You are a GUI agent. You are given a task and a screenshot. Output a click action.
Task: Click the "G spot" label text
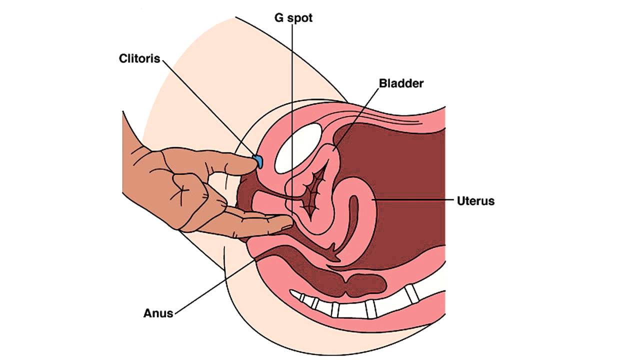pos(294,18)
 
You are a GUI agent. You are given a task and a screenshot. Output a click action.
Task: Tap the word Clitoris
pos(139,58)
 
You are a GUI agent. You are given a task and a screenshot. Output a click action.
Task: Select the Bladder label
pos(401,83)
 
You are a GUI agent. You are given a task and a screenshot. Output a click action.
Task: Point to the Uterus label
pos(475,201)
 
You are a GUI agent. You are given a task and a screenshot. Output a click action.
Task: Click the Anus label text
pos(158,313)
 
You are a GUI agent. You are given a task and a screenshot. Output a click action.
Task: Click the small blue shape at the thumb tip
pos(258,161)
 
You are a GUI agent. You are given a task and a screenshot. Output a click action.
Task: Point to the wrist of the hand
pos(131,150)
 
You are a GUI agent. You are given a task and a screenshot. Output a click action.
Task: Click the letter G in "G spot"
pos(279,18)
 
